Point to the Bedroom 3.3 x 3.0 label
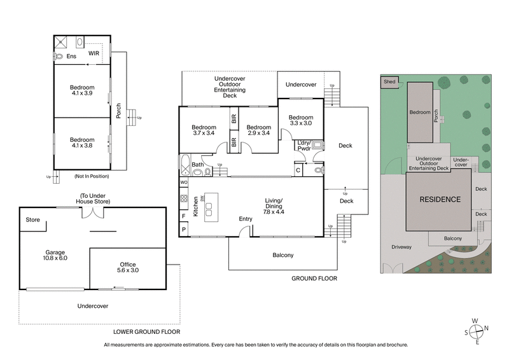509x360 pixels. click(301, 121)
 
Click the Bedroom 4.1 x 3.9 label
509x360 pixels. click(82, 91)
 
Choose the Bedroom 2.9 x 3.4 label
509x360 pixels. click(259, 130)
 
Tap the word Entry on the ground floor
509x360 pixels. click(246, 219)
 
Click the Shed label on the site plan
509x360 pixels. click(388, 81)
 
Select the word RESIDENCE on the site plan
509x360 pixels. click(439, 199)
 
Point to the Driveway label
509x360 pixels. click(401, 247)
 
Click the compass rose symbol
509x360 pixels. click(477, 331)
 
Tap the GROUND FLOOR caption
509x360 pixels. click(314, 279)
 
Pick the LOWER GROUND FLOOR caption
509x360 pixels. click(146, 331)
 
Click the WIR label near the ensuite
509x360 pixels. click(94, 53)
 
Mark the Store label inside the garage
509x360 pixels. click(33, 220)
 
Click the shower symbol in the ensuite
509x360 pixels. click(61, 43)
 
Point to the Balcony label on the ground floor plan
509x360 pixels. click(282, 255)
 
